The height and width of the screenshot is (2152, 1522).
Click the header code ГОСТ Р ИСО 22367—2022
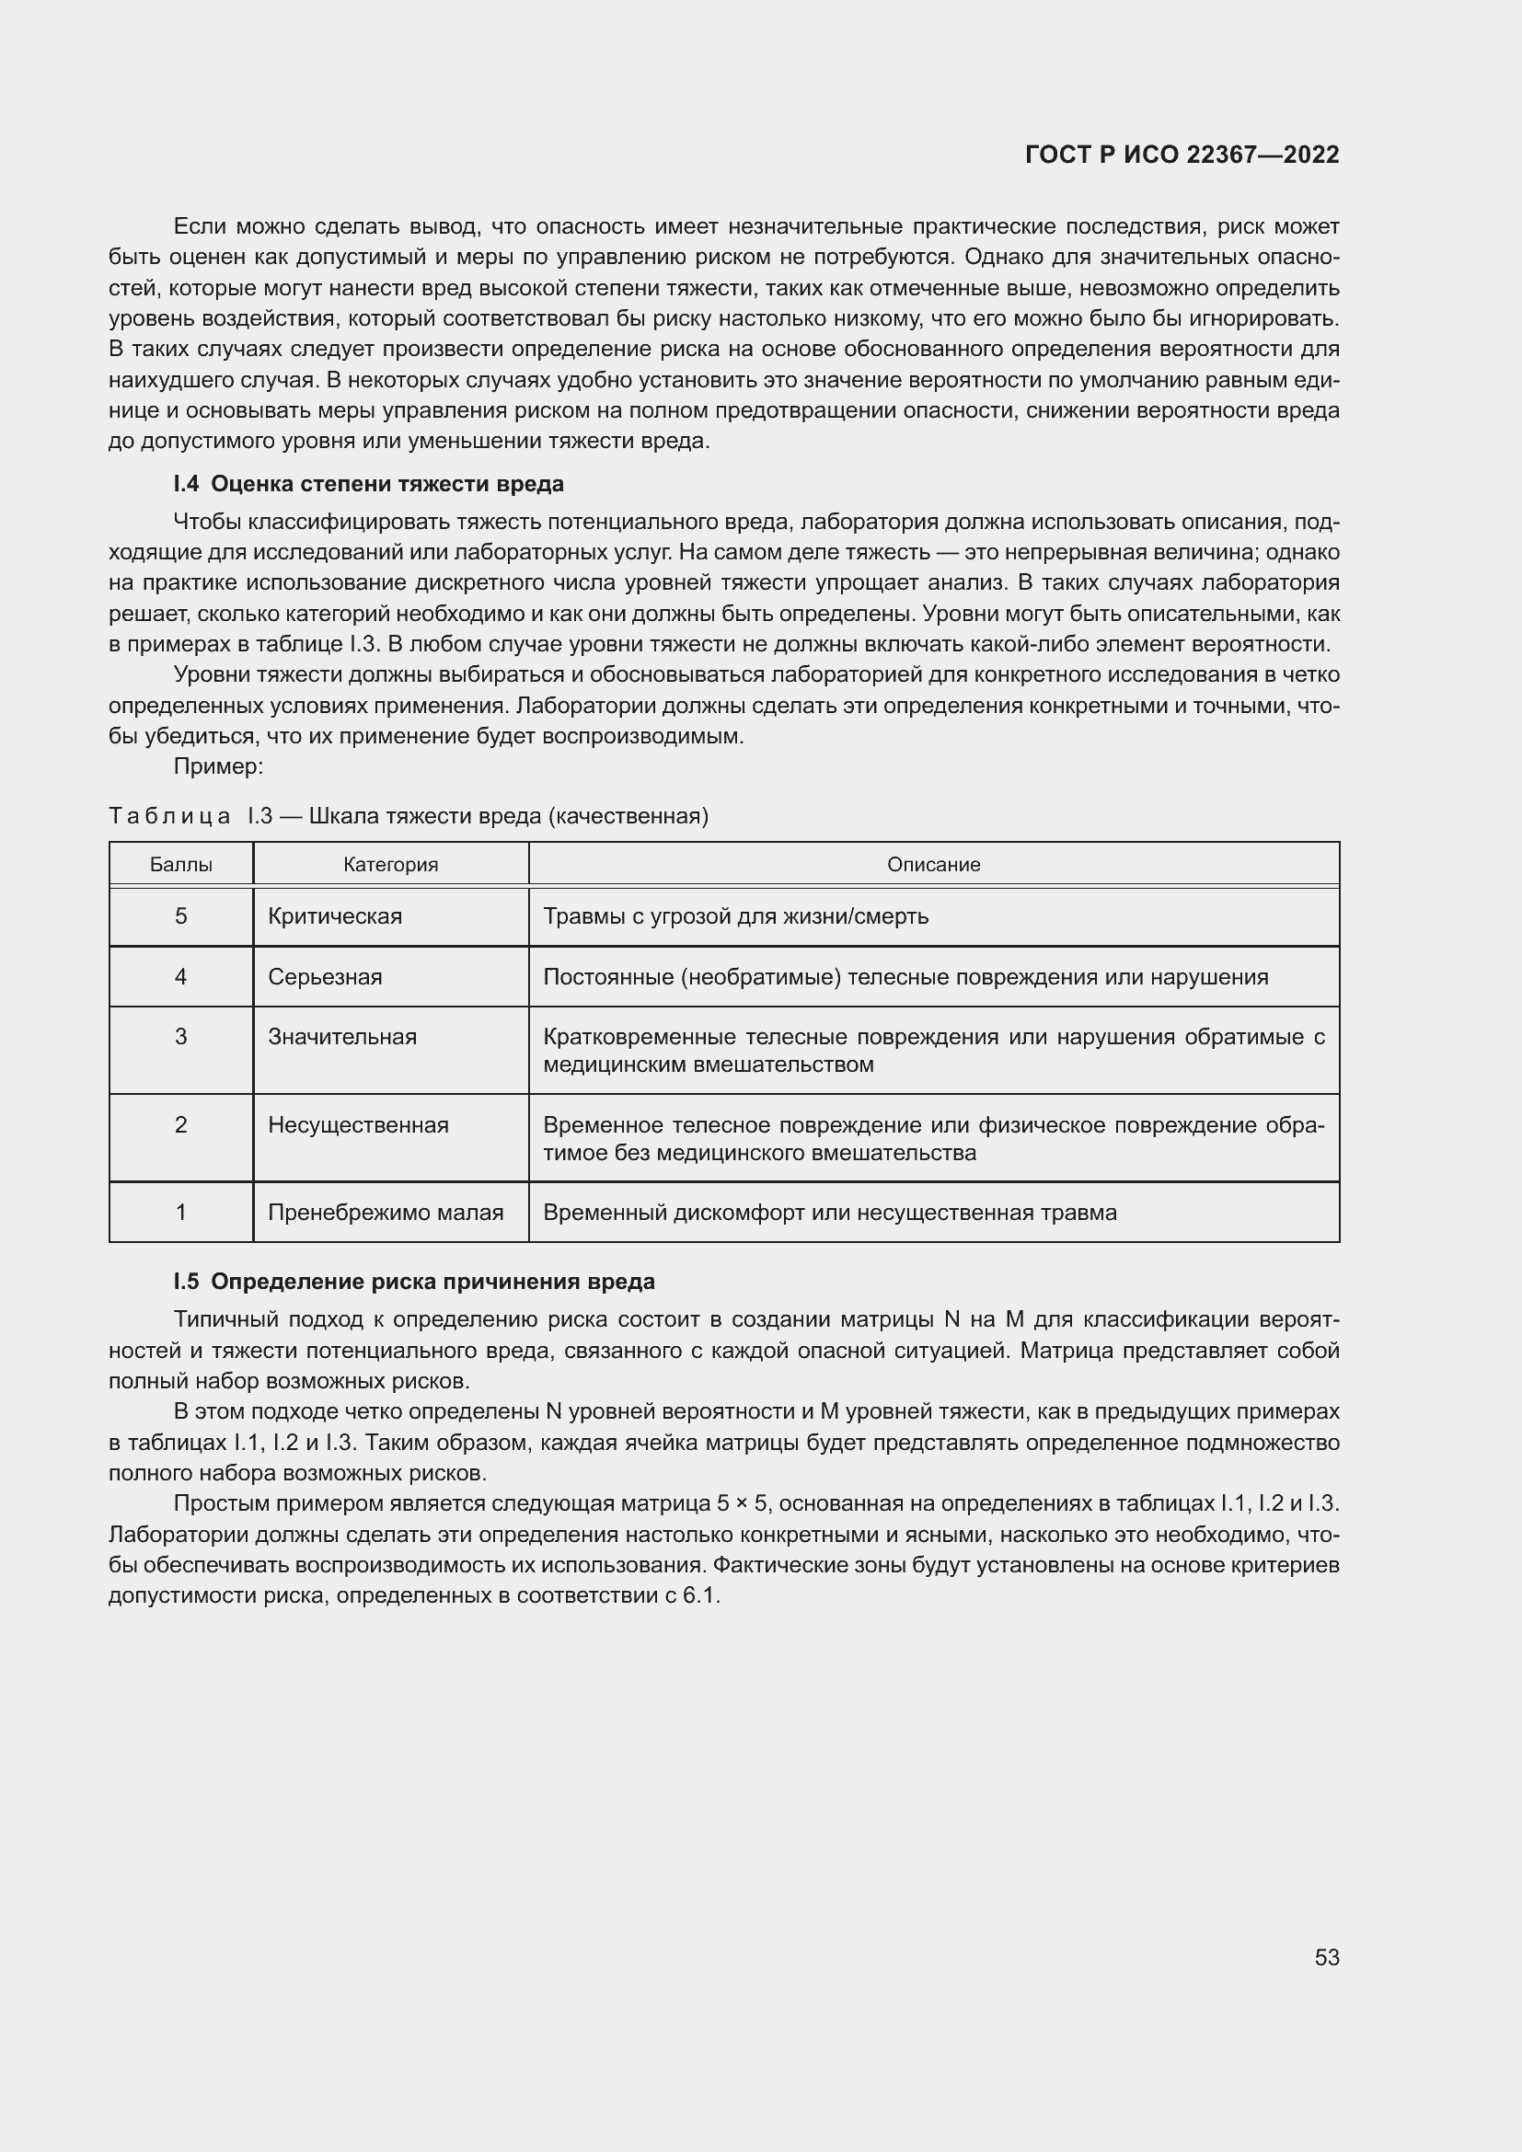pyautogui.click(x=1182, y=155)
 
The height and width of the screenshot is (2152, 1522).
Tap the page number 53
pyautogui.click(x=1326, y=1957)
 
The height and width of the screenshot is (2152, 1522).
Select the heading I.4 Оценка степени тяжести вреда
pyautogui.click(x=368, y=484)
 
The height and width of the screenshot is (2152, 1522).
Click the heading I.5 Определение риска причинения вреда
pyautogui.click(x=414, y=1282)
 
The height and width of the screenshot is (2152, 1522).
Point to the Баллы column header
pyautogui.click(x=181, y=864)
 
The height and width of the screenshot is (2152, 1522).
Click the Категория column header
pyautogui.click(x=391, y=864)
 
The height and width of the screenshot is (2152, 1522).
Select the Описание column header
pyautogui.click(x=933, y=864)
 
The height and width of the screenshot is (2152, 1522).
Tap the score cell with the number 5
pyautogui.click(x=181, y=915)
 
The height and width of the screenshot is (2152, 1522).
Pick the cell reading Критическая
pyautogui.click(x=335, y=915)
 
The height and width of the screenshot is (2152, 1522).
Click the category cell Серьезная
pyautogui.click(x=325, y=977)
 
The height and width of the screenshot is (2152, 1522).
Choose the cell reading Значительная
pyautogui.click(x=342, y=1037)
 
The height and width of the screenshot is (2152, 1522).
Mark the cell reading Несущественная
pyautogui.click(x=358, y=1124)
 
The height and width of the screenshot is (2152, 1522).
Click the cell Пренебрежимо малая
pyautogui.click(x=386, y=1212)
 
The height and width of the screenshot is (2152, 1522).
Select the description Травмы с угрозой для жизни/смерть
pyautogui.click(x=736, y=915)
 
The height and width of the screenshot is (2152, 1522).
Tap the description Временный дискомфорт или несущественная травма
pyautogui.click(x=829, y=1212)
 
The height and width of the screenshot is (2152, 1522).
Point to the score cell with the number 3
pyautogui.click(x=181, y=1037)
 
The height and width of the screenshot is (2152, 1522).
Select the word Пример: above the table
pyautogui.click(x=218, y=766)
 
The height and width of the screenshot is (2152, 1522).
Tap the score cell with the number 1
pyautogui.click(x=181, y=1212)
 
